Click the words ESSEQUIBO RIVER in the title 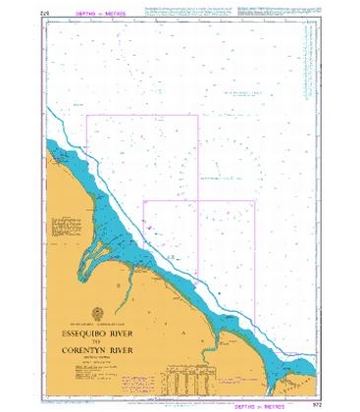point(98,331)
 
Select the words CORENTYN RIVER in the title point(98,348)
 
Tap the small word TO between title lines point(98,339)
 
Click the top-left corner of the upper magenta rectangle point(87,116)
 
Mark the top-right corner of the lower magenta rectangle point(255,200)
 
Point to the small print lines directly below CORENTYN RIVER point(98,357)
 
